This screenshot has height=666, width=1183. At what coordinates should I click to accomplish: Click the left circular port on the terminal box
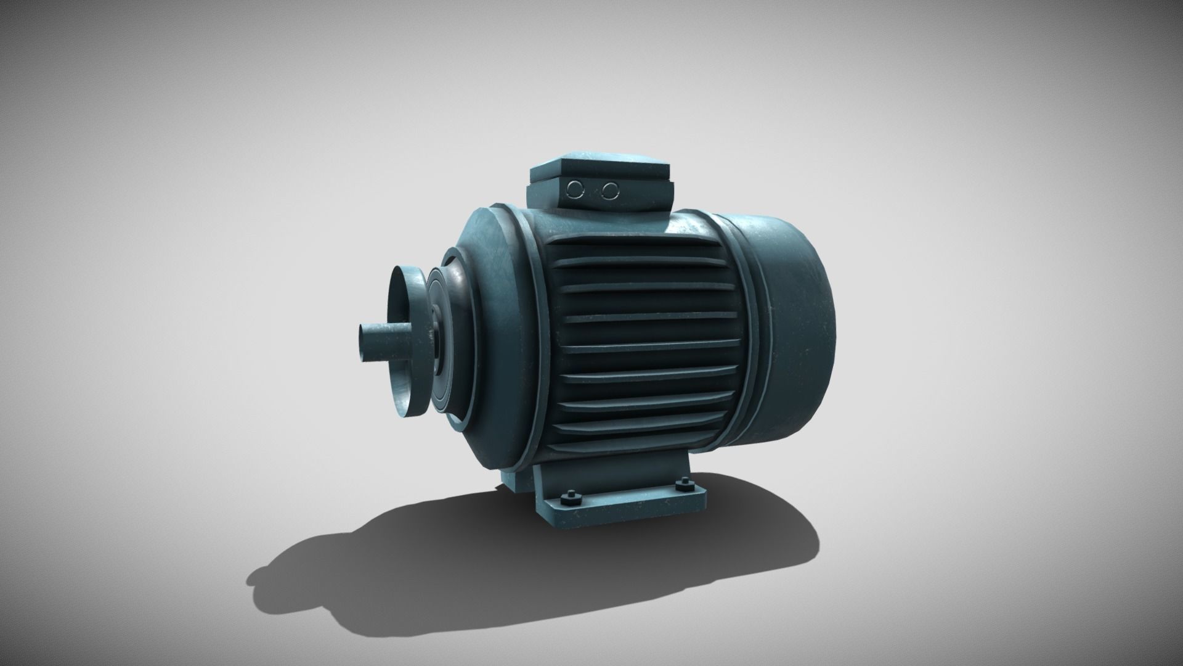575,188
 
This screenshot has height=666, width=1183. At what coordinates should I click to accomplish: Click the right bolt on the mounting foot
681,485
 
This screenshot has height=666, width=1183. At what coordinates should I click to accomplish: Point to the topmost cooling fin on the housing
641,247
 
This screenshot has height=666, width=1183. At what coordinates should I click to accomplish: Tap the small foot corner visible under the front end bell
511,480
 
